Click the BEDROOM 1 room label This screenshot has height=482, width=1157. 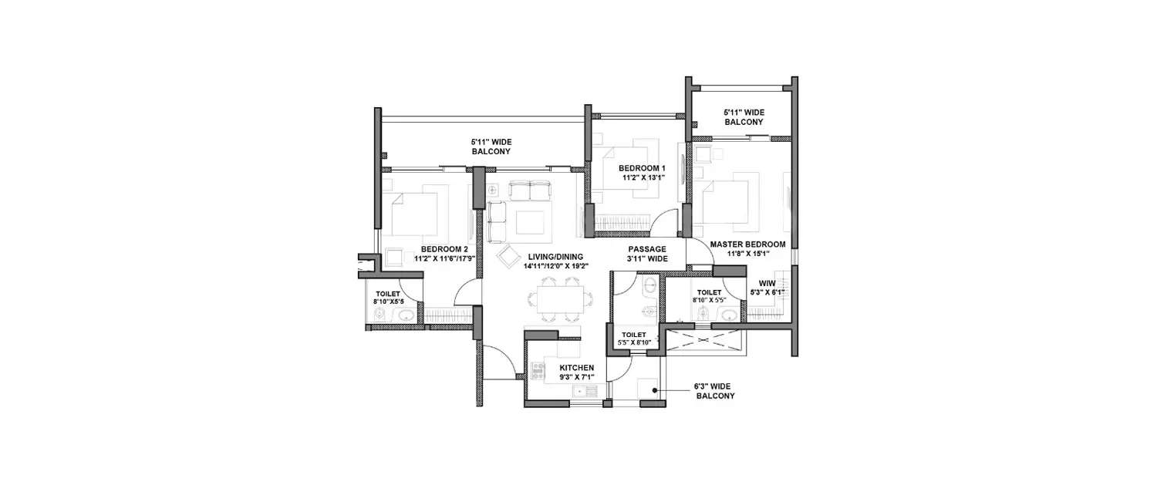click(643, 168)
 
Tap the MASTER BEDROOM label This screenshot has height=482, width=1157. click(747, 244)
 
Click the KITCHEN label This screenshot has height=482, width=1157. click(576, 368)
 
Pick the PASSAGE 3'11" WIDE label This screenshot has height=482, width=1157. click(646, 254)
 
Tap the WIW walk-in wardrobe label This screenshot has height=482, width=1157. click(767, 282)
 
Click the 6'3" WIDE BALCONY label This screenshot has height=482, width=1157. click(715, 391)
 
